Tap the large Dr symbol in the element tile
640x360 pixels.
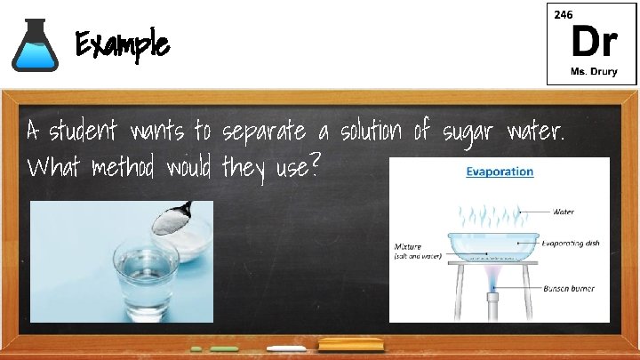(x=592, y=41)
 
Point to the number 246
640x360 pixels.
(x=563, y=15)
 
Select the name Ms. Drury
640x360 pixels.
(x=592, y=70)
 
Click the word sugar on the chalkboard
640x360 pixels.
(x=465, y=133)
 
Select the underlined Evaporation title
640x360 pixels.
(x=500, y=172)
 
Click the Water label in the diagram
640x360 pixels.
(x=565, y=212)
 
